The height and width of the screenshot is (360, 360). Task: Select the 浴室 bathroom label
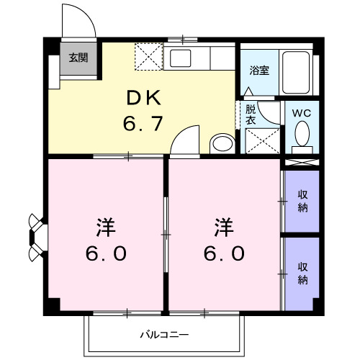259,71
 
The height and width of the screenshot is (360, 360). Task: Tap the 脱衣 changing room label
250,114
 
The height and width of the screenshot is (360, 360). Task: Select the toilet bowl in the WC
302,133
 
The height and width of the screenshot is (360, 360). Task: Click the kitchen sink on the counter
181,56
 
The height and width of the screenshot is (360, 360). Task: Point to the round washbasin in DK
222,144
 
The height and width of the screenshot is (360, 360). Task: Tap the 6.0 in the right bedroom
223,253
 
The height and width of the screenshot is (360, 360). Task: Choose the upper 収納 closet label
302,201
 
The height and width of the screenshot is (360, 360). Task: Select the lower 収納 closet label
302,273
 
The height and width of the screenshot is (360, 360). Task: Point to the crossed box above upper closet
300,161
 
